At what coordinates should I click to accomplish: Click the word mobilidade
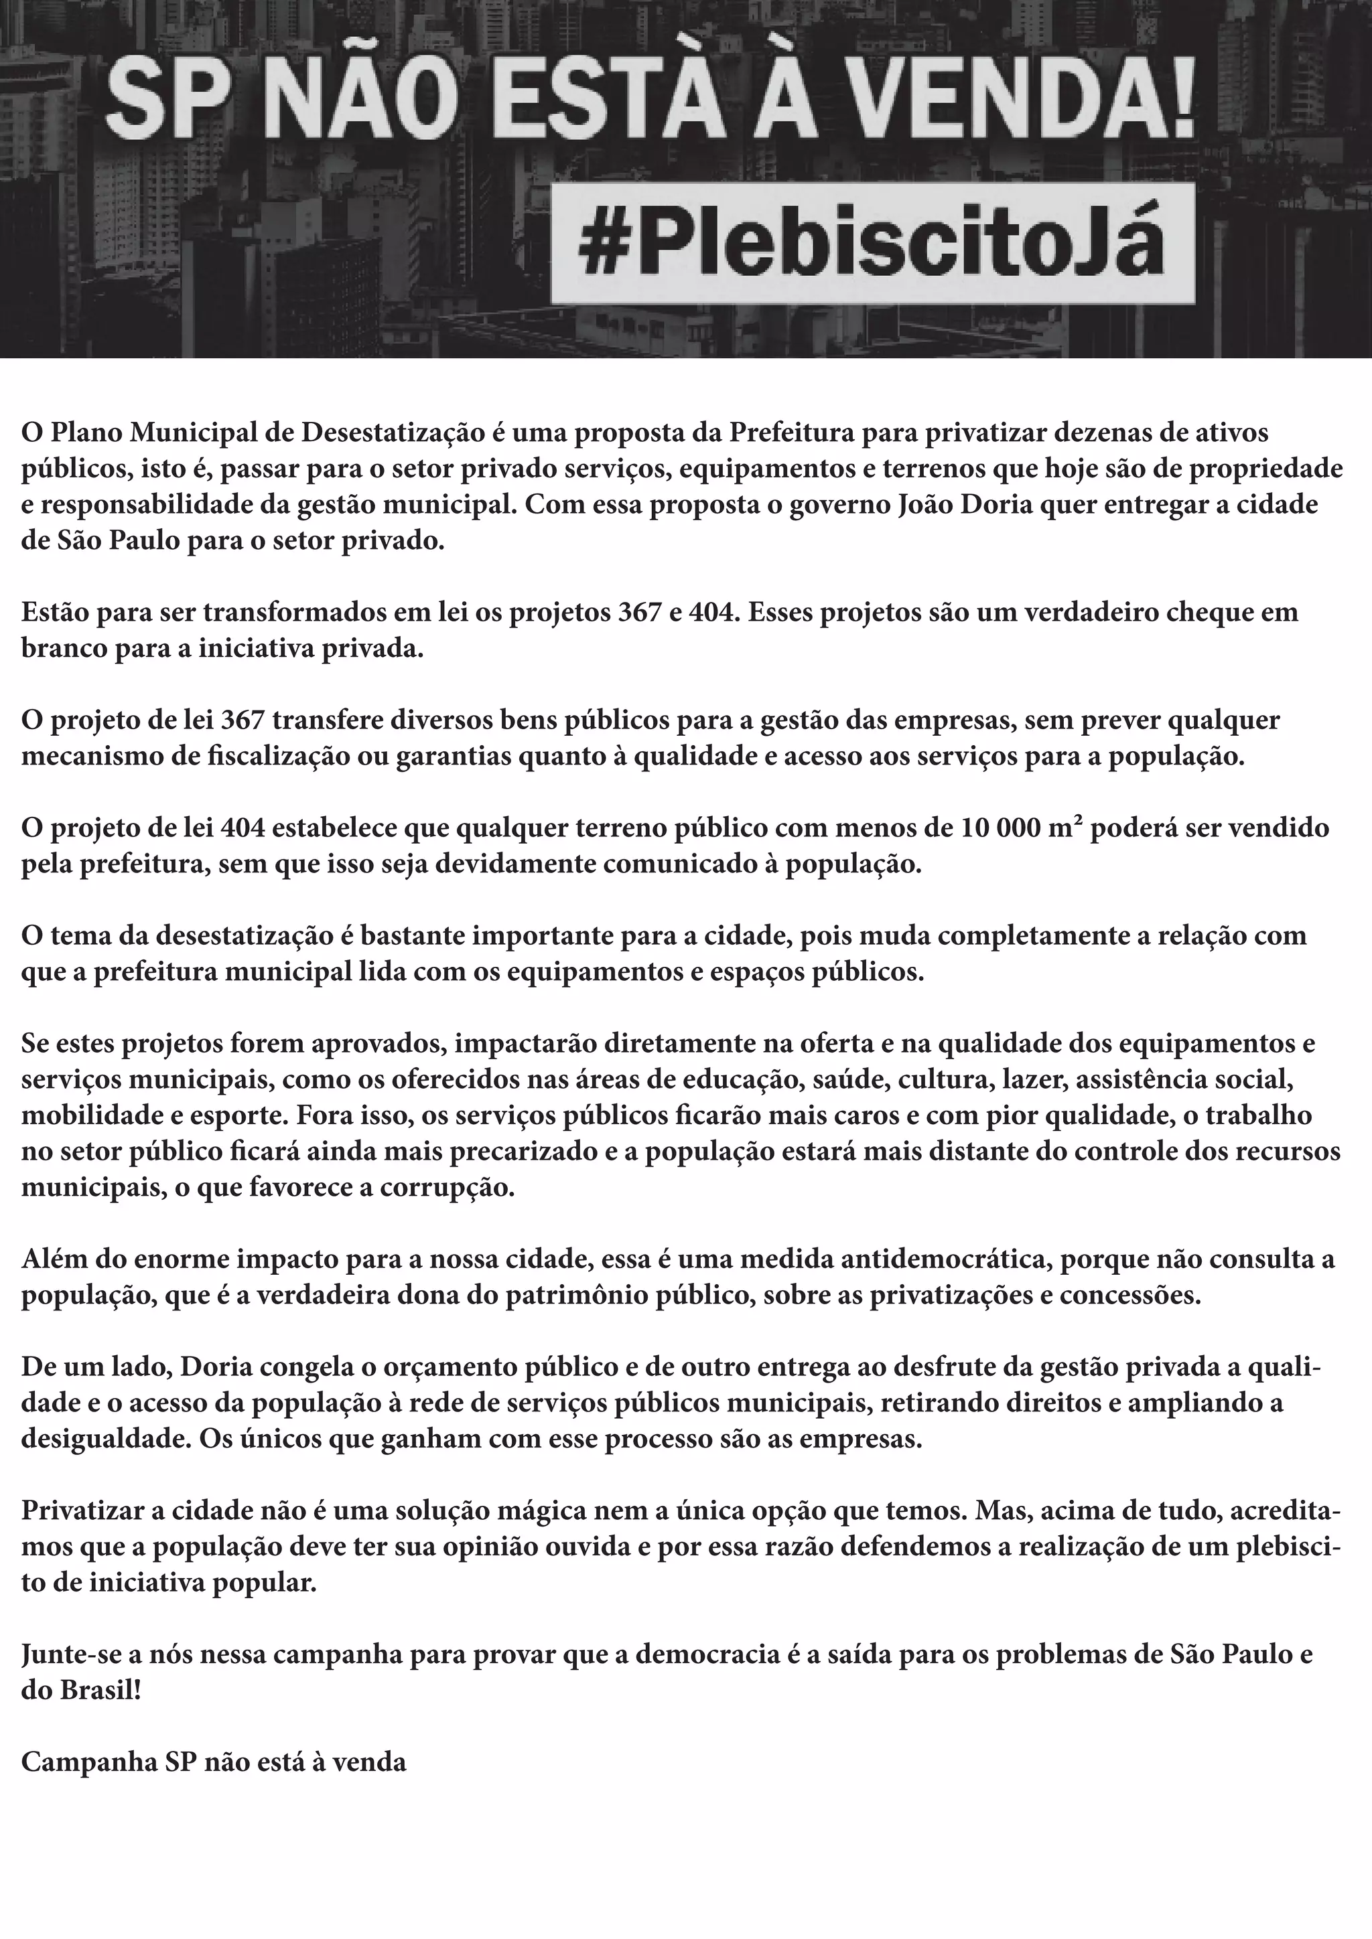pos(91,1115)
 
